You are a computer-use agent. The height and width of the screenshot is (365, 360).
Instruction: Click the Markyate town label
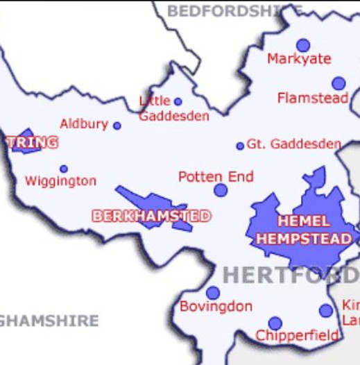pos(299,60)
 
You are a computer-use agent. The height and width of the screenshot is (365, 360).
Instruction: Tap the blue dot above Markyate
pos(303,45)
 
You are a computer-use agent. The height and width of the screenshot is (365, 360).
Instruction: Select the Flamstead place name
pos(312,99)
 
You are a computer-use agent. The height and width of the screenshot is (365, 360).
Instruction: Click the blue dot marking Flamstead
pos(338,83)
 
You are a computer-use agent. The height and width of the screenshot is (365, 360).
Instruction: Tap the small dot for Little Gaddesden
pos(178,101)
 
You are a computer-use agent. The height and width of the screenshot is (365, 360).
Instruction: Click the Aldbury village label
pos(84,124)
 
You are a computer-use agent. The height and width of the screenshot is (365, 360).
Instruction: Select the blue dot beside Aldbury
pos(117,126)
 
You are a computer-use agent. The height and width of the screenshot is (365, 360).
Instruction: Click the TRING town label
pos(32,142)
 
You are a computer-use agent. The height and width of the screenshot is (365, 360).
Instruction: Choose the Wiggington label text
pos(60,181)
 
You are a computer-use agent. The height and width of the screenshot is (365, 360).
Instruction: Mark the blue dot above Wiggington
pos(64,169)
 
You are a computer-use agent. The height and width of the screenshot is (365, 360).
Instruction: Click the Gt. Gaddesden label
pos(294,144)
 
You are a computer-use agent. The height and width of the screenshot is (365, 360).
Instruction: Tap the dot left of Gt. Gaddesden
pos(240,146)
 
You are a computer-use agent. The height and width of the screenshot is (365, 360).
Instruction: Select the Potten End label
pos(216,177)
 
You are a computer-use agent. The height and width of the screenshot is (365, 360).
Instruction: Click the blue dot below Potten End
pos(221,190)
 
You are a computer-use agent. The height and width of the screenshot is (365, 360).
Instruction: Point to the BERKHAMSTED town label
pos(151,217)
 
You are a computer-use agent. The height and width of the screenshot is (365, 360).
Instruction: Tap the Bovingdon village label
pos(216,306)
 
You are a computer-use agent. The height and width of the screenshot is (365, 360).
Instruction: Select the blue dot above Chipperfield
pos(275,323)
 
